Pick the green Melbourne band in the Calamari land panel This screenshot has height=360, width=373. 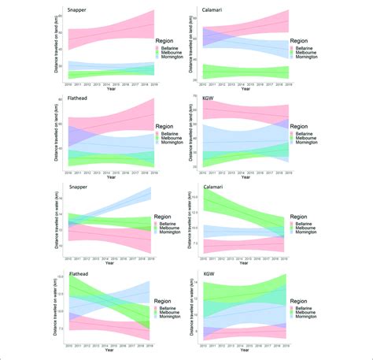pos(244,72)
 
